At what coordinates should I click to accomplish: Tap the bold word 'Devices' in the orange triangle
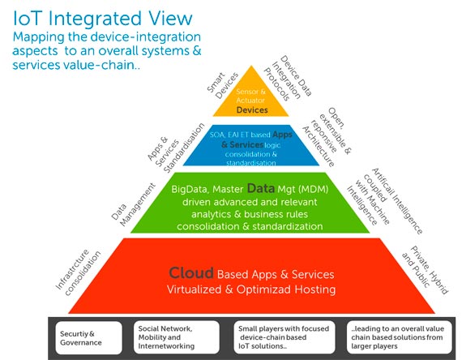(252, 109)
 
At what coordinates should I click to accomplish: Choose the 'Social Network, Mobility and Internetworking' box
(174, 336)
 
